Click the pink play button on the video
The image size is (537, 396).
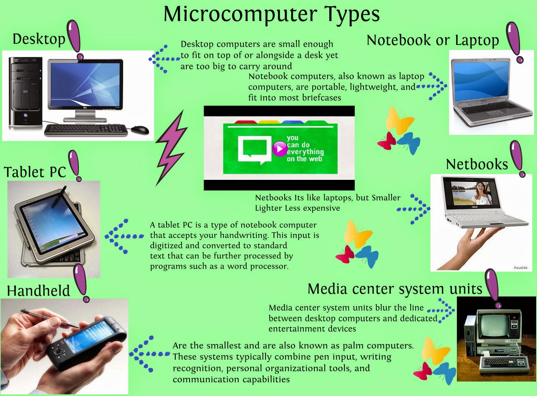279,148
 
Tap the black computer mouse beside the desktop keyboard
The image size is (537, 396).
140,130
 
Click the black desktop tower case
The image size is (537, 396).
25,92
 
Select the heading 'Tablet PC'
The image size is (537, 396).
35,172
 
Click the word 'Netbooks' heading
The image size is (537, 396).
477,165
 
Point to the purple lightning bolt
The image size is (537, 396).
171,148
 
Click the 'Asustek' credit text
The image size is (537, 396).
520,268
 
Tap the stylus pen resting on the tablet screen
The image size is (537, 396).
59,196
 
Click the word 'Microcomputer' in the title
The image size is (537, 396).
240,14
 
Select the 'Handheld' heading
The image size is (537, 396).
38,290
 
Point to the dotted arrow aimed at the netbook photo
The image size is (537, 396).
413,209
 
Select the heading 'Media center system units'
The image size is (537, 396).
395,289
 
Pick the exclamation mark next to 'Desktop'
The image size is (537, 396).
75,40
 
